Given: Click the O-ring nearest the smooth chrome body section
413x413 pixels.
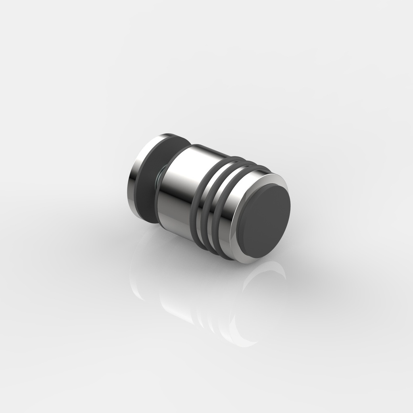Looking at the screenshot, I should click(x=196, y=202).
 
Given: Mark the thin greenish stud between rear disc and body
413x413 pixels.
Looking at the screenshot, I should click(x=159, y=178).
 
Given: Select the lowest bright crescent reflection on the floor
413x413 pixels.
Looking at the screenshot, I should click(x=242, y=339).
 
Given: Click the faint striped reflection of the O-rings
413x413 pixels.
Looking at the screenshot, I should click(x=206, y=319).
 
